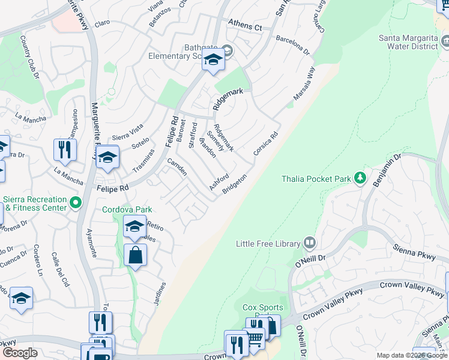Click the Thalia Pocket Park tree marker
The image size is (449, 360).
click(360, 178)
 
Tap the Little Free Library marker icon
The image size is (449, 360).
click(309, 243)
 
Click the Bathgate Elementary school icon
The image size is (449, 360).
click(213, 60)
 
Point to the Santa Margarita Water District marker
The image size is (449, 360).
click(445, 41)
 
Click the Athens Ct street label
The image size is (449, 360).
click(245, 26)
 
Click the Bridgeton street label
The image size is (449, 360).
click(235, 184)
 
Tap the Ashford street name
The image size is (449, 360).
click(218, 182)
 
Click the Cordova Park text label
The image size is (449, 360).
click(127, 209)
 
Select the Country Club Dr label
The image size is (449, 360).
click(29, 57)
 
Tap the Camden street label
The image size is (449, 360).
click(176, 167)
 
